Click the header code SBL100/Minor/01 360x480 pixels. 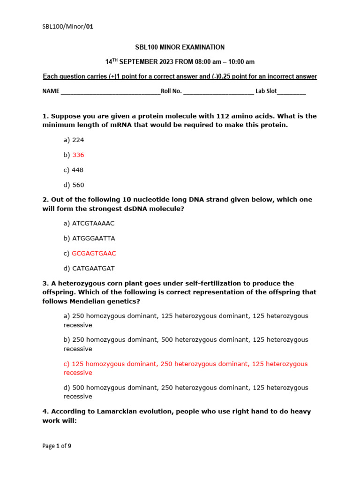point(68,27)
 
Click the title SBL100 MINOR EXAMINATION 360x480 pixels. point(180,47)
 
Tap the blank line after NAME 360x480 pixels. point(110,92)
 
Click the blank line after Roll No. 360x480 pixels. point(218,92)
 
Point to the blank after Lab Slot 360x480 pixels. point(291,92)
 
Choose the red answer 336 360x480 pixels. point(78,155)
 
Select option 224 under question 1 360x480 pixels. point(78,140)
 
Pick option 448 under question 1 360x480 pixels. point(78,170)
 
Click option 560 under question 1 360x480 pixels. point(78,185)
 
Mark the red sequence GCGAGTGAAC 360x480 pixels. point(94,253)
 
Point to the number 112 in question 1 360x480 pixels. point(223,116)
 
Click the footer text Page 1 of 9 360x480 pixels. point(57,446)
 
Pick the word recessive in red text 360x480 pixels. point(78,373)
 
